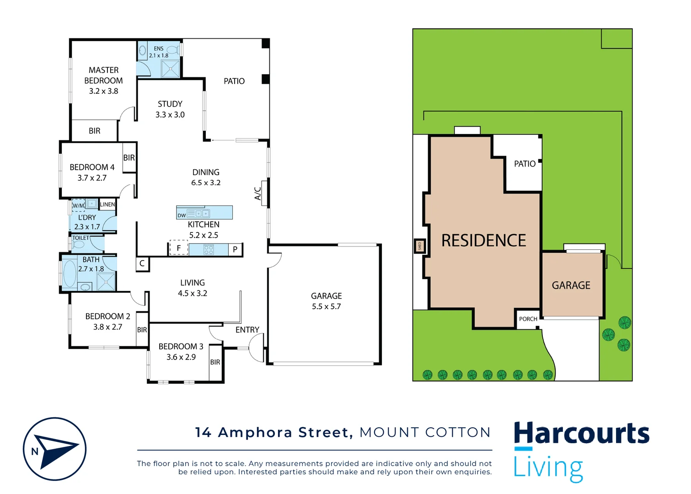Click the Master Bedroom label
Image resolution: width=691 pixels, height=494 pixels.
click(103, 75)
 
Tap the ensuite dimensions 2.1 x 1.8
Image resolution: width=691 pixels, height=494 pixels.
click(159, 55)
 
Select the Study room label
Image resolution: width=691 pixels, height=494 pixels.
click(170, 104)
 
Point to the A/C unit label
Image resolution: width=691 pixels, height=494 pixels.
click(258, 193)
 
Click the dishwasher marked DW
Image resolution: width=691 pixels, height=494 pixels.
click(182, 215)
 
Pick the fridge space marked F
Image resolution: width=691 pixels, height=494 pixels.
click(179, 248)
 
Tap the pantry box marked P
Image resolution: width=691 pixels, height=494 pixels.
click(235, 249)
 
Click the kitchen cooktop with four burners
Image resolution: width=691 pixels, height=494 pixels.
click(209, 249)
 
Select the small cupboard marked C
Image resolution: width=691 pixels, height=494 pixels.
click(142, 263)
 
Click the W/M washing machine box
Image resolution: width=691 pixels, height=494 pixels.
click(78, 205)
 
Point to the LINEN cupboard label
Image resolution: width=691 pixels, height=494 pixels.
click(107, 204)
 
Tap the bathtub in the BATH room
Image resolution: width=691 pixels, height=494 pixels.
click(70, 273)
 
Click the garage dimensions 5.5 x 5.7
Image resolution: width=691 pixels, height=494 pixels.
click(326, 306)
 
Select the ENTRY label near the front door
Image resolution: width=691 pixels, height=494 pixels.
click(247, 330)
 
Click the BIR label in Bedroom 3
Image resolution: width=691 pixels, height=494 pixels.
click(215, 362)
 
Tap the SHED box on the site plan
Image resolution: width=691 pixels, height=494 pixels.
click(420, 246)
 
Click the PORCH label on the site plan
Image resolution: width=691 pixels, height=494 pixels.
click(528, 319)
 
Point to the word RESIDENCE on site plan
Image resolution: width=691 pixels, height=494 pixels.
click(483, 241)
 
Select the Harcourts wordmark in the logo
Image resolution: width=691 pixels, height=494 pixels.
click(581, 434)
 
